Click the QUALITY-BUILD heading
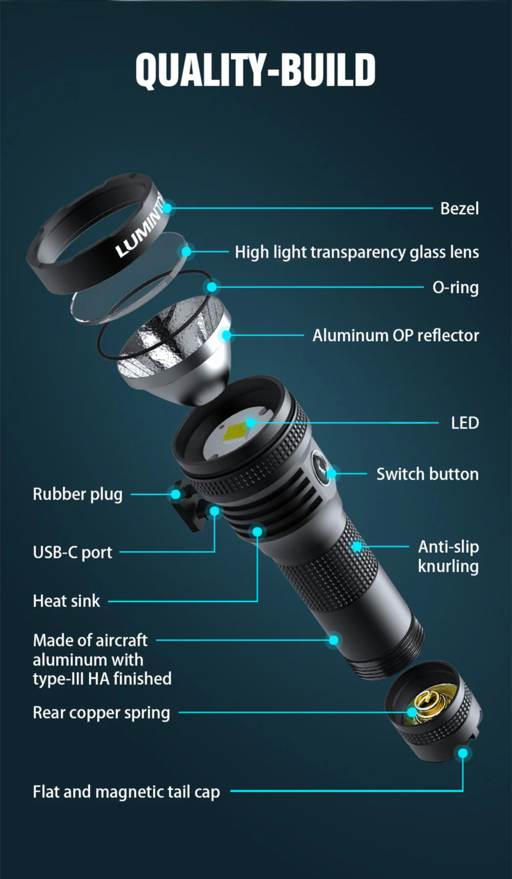(x=255, y=69)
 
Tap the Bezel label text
(x=459, y=208)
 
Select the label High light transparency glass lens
(x=357, y=252)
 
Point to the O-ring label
(x=455, y=287)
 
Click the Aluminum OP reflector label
(x=396, y=336)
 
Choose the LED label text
(x=465, y=423)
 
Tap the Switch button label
(x=427, y=474)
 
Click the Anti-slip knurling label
(x=448, y=557)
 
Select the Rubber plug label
(x=78, y=494)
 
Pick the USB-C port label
(x=73, y=553)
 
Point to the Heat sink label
(x=67, y=601)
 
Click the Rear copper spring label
(x=101, y=713)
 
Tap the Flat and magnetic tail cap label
(x=126, y=792)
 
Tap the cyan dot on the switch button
(x=332, y=474)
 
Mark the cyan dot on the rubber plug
(x=175, y=494)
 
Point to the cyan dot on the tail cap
(x=463, y=753)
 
